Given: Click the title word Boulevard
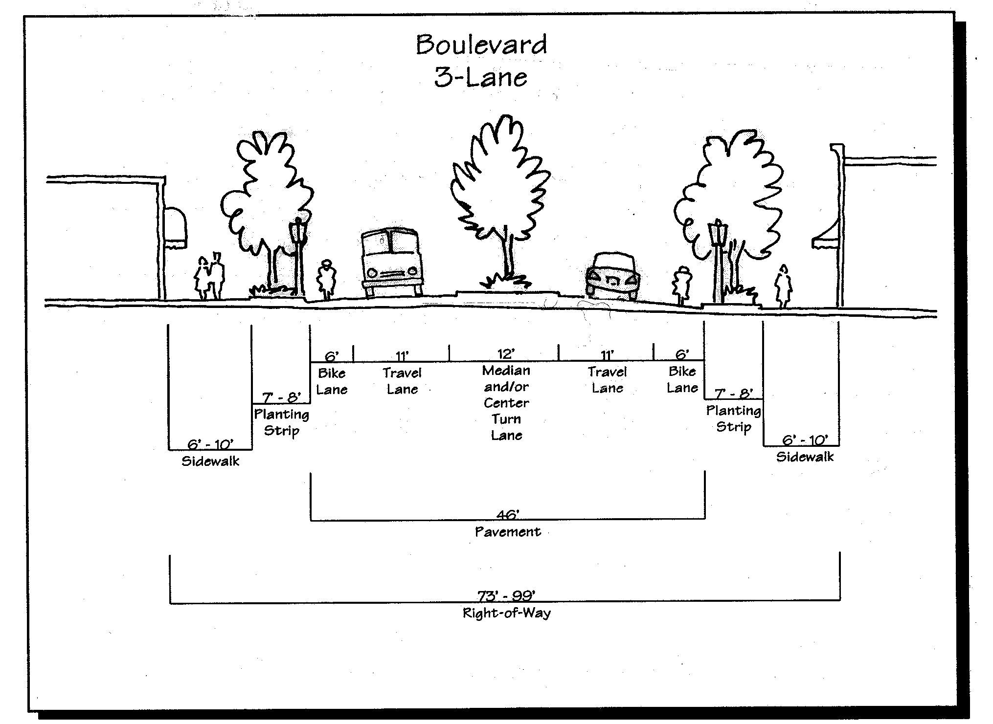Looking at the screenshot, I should coord(481,45).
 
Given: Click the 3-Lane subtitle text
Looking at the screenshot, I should coord(481,78).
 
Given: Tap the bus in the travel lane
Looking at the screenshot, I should coord(391,263).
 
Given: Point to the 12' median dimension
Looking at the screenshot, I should coord(506,353).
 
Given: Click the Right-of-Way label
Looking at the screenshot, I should coord(506,613).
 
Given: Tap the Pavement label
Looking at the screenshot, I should coord(508,531).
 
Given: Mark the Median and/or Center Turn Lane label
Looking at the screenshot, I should coord(506,402).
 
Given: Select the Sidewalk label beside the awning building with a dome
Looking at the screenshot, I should coord(210,461).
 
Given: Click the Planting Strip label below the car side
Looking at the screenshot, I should coord(733,418).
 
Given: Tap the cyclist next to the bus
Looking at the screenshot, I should coord(326,280).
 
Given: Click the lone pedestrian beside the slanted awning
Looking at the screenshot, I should coord(783,286).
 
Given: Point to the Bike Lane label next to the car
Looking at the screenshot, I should coord(682,379).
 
